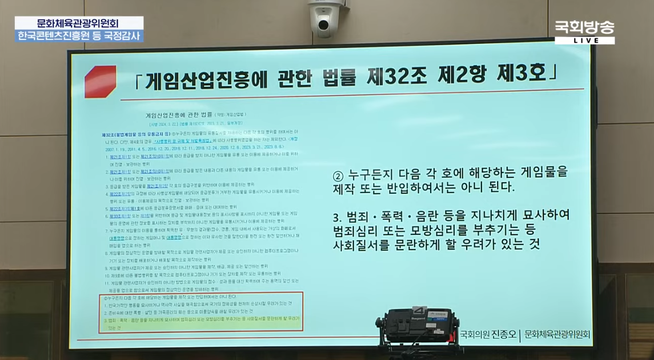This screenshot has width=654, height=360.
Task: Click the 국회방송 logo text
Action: point(584,28)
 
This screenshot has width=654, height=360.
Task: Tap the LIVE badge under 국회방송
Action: point(584,41)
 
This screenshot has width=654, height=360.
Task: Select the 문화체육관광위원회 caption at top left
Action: point(78,23)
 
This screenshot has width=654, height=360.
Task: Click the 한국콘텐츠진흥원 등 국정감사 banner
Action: point(78,35)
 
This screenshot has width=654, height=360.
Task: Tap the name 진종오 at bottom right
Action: point(503,334)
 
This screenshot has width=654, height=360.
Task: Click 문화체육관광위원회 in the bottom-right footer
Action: point(557,334)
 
